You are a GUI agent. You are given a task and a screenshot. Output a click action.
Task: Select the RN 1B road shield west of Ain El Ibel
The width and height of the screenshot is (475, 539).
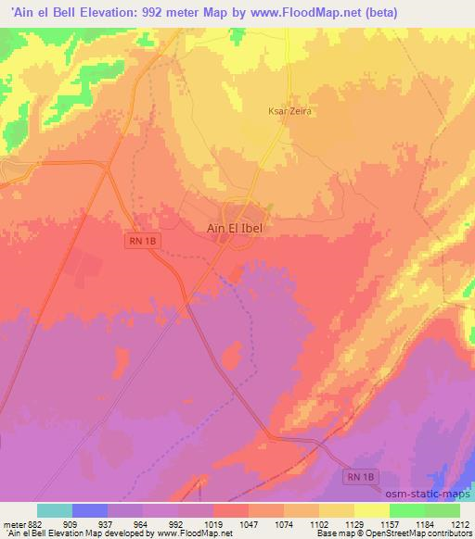tap(138, 240)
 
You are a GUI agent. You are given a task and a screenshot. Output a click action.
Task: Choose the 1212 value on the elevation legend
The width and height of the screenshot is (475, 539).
tap(460, 523)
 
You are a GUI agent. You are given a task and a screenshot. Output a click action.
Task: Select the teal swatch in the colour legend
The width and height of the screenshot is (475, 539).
tap(55, 510)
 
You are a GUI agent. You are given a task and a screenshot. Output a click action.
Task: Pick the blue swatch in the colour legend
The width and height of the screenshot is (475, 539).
tap(90, 510)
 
